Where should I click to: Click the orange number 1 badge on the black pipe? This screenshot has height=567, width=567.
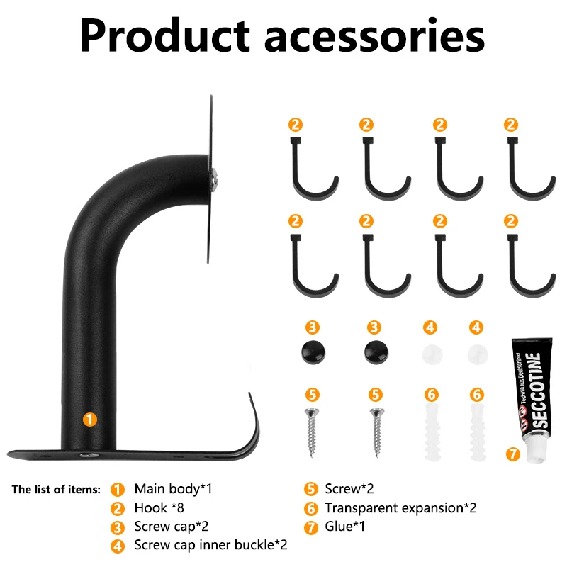pos(89,419)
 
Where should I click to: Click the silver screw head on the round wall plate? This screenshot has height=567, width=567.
pos(214,179)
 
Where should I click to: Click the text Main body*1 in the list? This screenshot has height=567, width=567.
pos(173,489)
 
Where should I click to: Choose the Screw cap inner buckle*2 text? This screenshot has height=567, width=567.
pos(210,545)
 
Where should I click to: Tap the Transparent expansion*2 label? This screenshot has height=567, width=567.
pos(400,508)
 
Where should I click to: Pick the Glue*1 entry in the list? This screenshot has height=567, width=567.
pos(346,527)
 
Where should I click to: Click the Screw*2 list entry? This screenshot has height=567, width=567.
pos(349,489)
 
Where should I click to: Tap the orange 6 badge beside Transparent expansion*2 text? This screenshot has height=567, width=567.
pos(310,508)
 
